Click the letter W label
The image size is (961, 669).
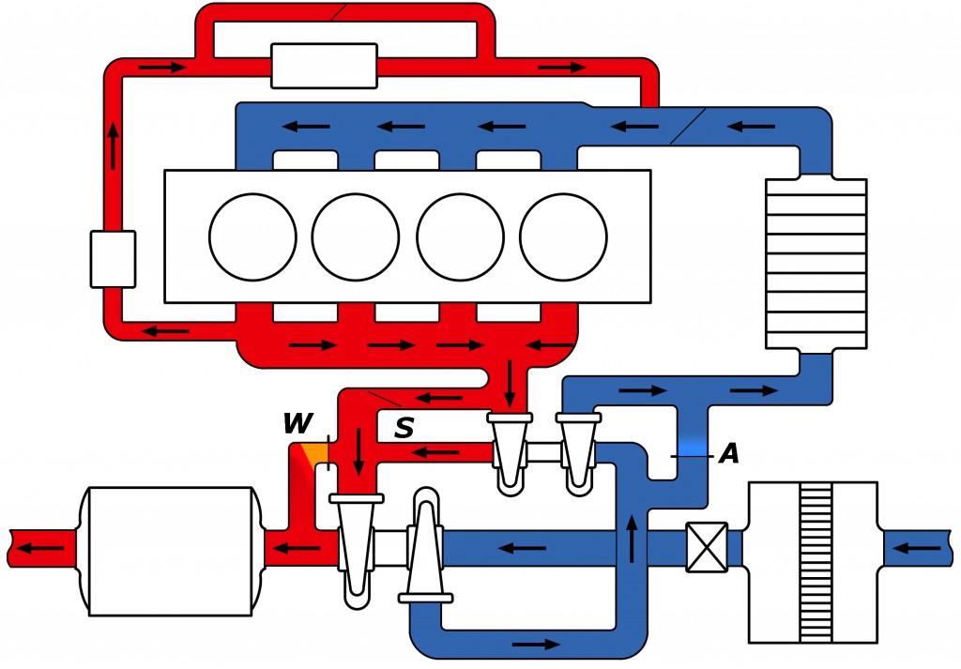(298, 423)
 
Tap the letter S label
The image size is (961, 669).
(404, 428)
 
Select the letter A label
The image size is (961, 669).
(729, 453)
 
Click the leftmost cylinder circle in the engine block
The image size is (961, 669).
(252, 237)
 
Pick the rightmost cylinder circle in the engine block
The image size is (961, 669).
(563, 237)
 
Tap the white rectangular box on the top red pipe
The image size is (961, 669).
(324, 66)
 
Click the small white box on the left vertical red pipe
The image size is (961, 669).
(113, 259)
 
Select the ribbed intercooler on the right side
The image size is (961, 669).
(816, 264)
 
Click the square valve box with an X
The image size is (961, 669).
(707, 547)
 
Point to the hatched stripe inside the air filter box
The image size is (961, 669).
(816, 562)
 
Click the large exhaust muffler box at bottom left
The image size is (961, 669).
(171, 551)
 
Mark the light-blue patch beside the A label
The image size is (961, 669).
(693, 447)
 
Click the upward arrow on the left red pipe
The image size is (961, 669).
(113, 145)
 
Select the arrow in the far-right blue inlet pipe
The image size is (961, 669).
(916, 548)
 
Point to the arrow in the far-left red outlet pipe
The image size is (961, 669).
(39, 548)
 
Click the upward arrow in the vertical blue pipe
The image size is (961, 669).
(632, 539)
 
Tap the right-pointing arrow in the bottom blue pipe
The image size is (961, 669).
(536, 644)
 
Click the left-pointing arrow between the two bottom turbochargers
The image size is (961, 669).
(522, 548)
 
